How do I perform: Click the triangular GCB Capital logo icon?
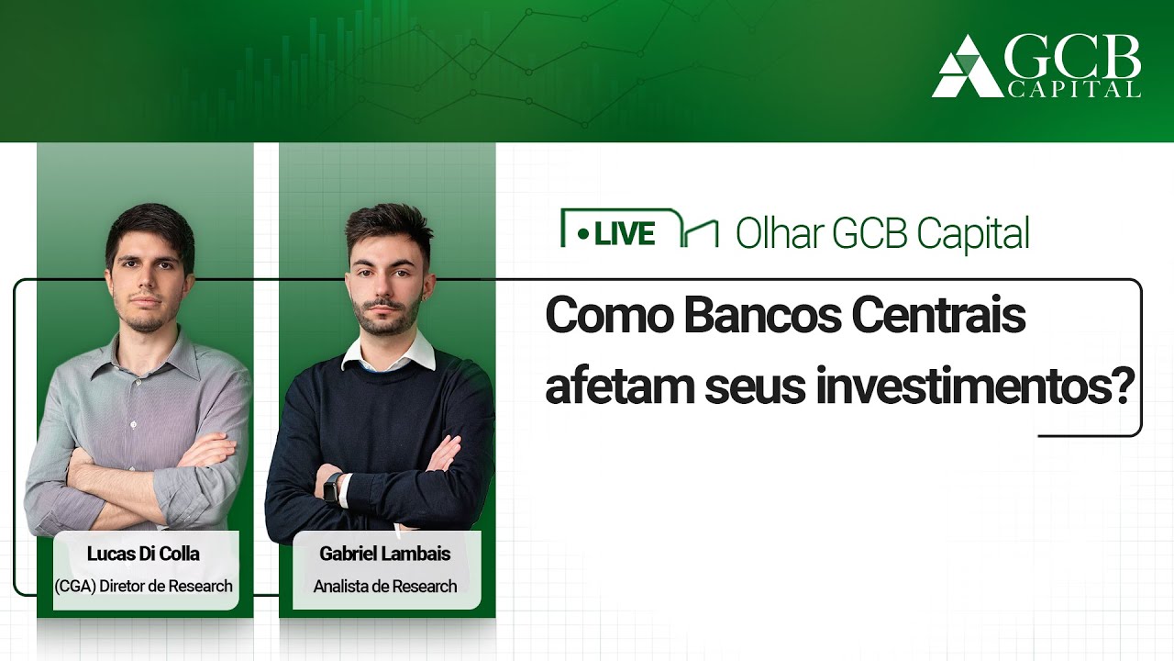966,67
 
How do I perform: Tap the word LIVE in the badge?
625,234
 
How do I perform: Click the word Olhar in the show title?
778,234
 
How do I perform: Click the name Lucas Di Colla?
143,554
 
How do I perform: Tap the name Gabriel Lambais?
385,554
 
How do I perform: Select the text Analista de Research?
385,586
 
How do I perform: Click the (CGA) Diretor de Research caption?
143,586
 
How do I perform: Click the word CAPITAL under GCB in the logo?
1073,89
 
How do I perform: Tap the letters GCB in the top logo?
1073,58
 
